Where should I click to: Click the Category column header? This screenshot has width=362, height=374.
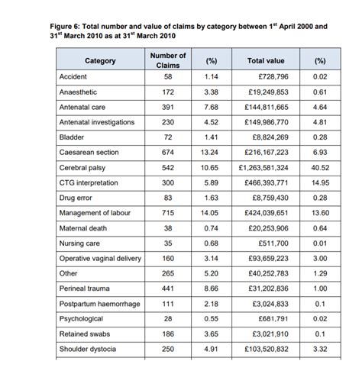pos(100,60)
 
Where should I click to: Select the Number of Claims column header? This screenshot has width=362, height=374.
pos(168,60)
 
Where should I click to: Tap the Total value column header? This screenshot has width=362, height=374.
pos(267,60)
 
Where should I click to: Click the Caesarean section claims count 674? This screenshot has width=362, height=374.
pos(168,153)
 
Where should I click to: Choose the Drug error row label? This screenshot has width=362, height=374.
pos(77,198)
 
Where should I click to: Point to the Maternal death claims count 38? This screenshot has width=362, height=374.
pos(168,228)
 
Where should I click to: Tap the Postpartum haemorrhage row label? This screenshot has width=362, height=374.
pos(99,304)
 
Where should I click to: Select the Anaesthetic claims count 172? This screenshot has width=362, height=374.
pos(168,92)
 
